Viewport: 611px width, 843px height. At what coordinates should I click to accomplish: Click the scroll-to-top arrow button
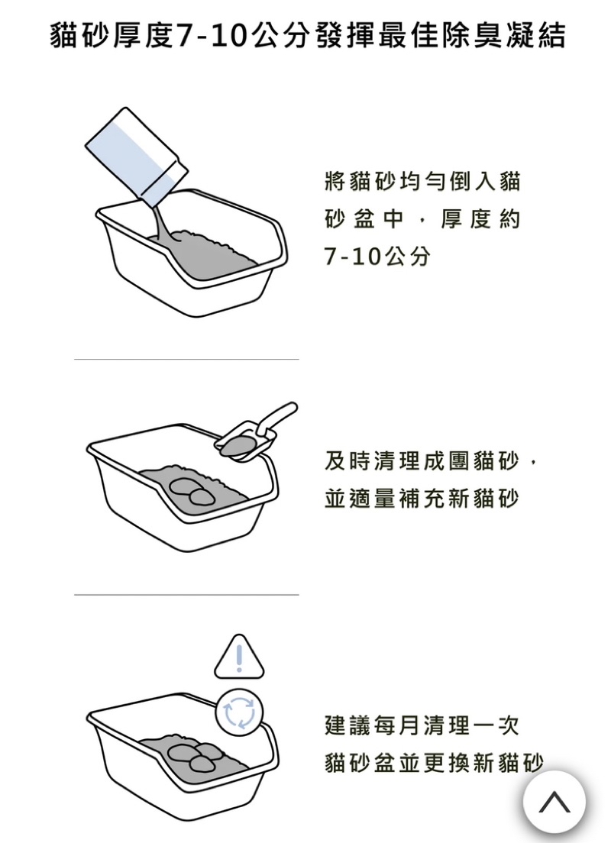click(554, 802)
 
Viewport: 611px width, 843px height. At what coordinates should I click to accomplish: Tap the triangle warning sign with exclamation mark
click(239, 657)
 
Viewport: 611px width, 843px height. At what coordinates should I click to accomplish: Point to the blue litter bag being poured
click(135, 156)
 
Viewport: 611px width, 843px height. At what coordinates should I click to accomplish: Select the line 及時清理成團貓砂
click(422, 461)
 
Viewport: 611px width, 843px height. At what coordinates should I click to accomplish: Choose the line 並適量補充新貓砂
click(422, 499)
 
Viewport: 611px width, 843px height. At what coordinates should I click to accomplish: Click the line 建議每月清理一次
click(422, 725)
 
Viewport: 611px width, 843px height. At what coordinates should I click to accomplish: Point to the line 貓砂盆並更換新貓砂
click(434, 762)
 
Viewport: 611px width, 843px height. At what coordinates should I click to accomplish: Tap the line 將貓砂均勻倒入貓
click(423, 181)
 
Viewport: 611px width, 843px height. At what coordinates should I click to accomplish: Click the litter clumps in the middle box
click(191, 491)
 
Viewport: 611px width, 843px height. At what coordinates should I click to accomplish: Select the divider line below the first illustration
click(186, 359)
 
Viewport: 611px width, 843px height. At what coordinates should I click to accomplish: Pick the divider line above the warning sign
click(186, 595)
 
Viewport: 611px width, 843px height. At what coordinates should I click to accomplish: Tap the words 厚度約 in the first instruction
click(480, 219)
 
